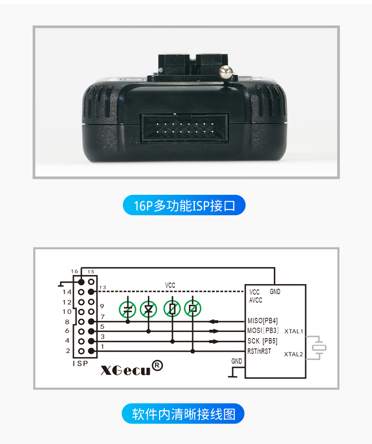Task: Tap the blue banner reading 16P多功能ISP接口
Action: pyautogui.click(x=184, y=205)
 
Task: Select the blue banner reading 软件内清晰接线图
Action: pyautogui.click(x=183, y=414)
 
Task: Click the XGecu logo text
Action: pyautogui.click(x=126, y=370)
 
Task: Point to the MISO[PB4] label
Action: pyautogui.click(x=262, y=320)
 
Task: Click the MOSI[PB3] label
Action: pyautogui.click(x=263, y=331)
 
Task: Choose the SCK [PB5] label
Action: pyautogui.click(x=262, y=341)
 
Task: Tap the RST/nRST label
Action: pyautogui.click(x=259, y=351)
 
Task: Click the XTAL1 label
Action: pyautogui.click(x=293, y=331)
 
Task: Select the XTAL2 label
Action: pyautogui.click(x=293, y=354)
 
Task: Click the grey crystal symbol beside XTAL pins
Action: pyautogui.click(x=319, y=347)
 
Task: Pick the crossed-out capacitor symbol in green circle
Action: pyautogui.click(x=128, y=309)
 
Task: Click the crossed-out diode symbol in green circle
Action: pyautogui.click(x=148, y=309)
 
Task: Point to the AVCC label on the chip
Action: pyautogui.click(x=256, y=300)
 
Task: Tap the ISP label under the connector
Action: pyautogui.click(x=80, y=364)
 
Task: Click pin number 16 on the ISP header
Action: pyautogui.click(x=74, y=271)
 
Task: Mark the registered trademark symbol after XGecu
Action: pyautogui.click(x=158, y=365)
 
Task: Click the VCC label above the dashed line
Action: pyautogui.click(x=170, y=285)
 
